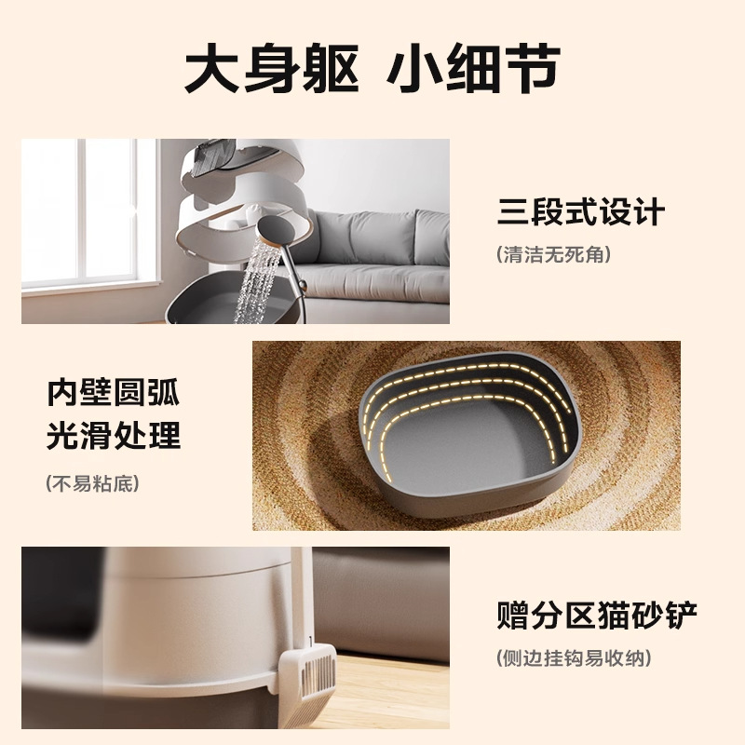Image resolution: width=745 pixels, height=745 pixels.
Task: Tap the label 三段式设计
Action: point(580,212)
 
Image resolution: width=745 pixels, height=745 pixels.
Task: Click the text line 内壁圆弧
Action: point(114,393)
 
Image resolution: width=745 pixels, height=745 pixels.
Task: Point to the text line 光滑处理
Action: point(114,435)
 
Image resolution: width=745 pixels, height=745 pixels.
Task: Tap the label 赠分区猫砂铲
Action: point(597,616)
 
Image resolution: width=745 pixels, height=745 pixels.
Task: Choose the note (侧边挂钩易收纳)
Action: point(574,657)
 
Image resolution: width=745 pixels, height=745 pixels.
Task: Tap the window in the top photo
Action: point(84,214)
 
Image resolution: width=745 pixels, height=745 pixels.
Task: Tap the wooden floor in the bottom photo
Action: point(391,689)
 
